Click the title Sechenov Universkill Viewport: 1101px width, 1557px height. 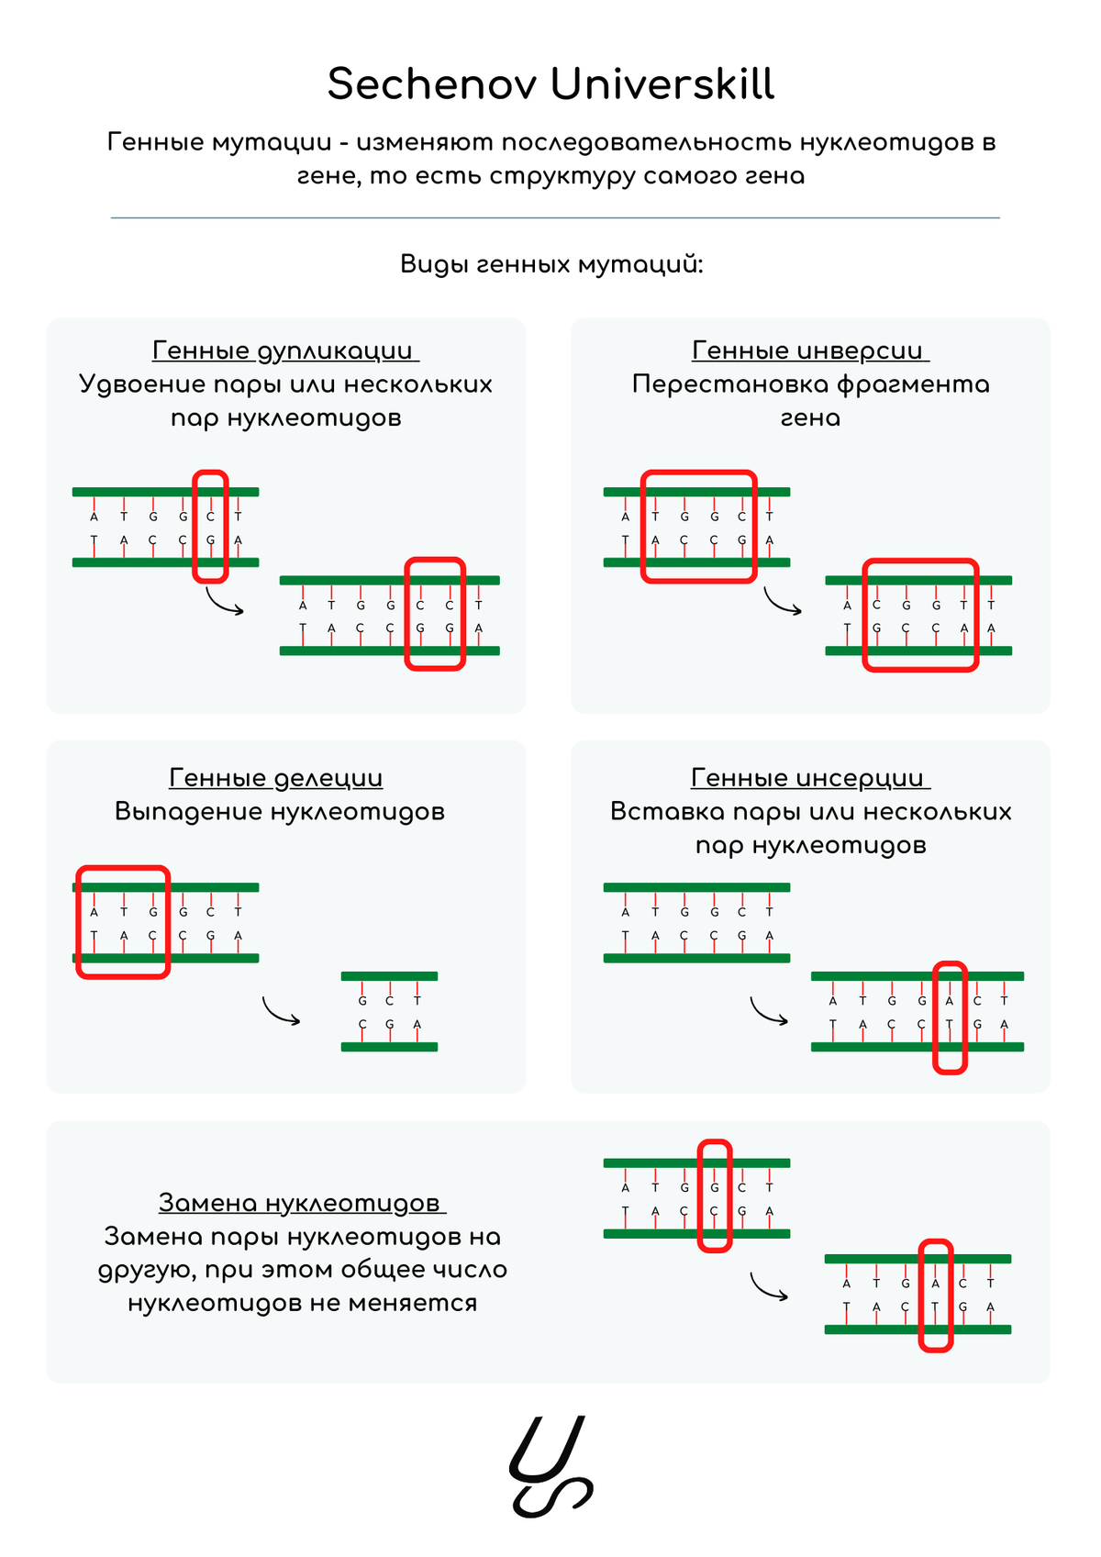(x=550, y=84)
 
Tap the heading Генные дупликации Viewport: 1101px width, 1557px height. (x=285, y=350)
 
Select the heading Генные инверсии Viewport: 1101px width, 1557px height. (x=810, y=350)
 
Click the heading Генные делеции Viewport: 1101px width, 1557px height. (x=275, y=778)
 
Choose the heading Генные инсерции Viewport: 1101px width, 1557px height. (x=810, y=778)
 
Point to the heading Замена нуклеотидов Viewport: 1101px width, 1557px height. (x=302, y=1202)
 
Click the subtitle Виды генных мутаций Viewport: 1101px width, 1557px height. (x=550, y=264)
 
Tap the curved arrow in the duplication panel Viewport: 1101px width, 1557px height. (x=224, y=603)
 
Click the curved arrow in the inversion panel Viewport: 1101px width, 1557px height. (x=783, y=602)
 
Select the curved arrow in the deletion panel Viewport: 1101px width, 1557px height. (x=281, y=1011)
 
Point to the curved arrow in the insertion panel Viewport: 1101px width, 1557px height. (x=769, y=1011)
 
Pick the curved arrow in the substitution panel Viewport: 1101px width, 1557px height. (x=769, y=1286)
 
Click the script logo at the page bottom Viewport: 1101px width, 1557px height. (x=550, y=1466)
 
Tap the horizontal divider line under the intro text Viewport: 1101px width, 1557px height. (x=554, y=217)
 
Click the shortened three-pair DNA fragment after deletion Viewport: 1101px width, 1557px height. (x=389, y=1012)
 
